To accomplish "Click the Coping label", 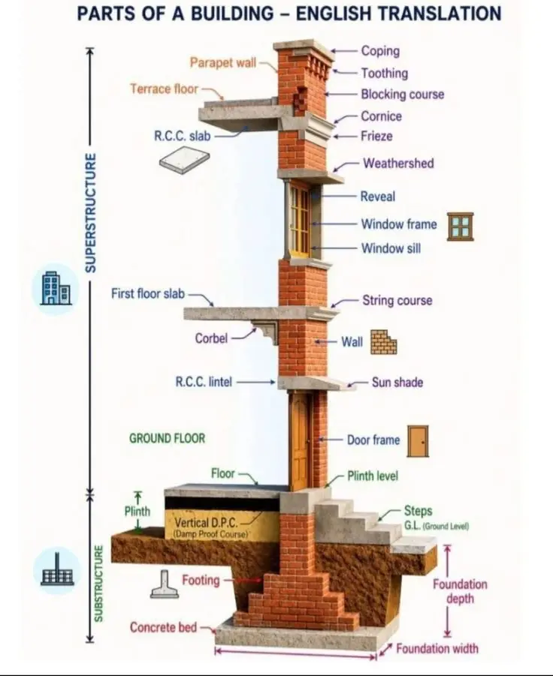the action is point(380,51).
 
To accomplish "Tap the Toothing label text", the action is point(384,74).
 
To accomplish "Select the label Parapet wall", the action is point(222,62).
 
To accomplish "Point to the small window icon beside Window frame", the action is point(460,227).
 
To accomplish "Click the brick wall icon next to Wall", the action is point(384,342).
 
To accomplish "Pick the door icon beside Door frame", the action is point(418,441).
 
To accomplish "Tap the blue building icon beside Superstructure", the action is point(56,288).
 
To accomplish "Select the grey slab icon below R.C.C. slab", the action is point(184,160).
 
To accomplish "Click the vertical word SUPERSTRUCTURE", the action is point(90,212).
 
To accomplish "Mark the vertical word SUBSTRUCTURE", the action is point(99,584).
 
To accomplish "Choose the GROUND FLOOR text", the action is point(167,438).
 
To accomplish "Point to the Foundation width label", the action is point(437,648).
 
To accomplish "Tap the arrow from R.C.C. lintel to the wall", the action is point(255,382).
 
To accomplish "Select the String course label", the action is point(397,301).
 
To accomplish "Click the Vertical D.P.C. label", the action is point(206,523).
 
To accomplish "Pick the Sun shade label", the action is point(397,383).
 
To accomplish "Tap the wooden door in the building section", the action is point(301,440).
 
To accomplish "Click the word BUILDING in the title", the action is point(232,14).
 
